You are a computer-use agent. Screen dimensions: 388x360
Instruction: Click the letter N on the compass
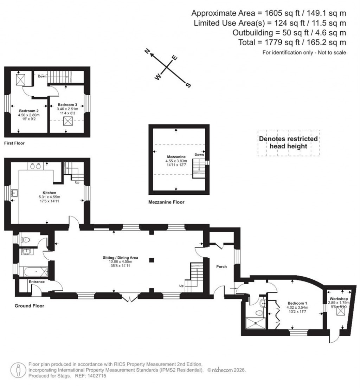[148, 52]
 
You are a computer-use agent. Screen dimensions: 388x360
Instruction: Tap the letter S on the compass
[188, 85]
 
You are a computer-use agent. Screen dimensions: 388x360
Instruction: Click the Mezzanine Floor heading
[166, 202]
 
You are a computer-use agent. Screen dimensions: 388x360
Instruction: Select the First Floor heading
[14, 143]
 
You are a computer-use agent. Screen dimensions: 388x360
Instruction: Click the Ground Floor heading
[29, 306]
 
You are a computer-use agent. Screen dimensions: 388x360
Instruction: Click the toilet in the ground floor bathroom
[25, 240]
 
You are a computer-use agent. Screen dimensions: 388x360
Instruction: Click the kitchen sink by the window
[14, 193]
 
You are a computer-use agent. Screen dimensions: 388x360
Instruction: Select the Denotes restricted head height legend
[288, 142]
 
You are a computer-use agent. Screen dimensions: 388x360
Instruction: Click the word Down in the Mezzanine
[199, 155]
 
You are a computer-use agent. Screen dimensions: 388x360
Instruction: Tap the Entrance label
[37, 282]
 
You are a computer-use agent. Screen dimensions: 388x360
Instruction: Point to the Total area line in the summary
[301, 43]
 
